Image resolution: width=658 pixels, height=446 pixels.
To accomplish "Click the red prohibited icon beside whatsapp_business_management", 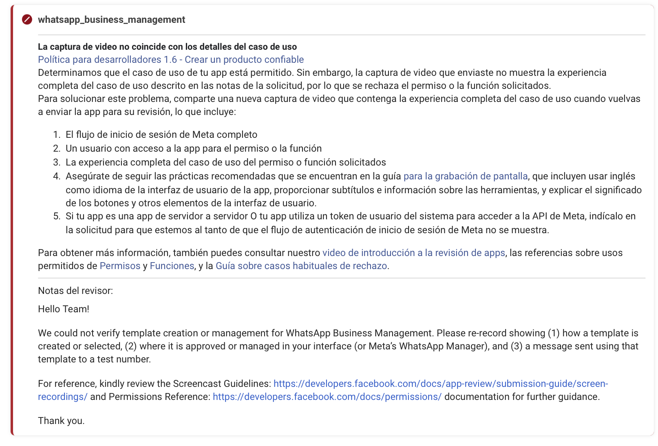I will [27, 20].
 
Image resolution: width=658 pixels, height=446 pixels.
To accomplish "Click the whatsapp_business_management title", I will [111, 20].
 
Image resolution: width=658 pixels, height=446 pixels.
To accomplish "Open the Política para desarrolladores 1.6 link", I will [171, 60].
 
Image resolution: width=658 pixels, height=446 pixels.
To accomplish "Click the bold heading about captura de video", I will [167, 46].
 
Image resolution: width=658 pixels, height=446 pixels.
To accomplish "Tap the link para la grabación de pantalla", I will [465, 176].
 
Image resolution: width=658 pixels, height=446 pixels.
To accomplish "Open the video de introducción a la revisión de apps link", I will [413, 253].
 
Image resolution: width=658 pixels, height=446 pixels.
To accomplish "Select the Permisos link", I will [120, 266].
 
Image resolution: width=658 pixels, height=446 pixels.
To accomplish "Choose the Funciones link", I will [172, 266].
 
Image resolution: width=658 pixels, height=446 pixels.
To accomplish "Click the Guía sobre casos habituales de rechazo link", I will [301, 266].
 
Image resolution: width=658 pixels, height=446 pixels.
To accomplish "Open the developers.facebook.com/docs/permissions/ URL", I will [327, 397].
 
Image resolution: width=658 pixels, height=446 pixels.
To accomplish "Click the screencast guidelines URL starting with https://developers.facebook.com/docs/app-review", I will [440, 384].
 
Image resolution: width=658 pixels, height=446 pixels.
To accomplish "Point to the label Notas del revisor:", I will [75, 291].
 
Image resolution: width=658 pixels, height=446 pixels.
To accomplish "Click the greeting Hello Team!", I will [64, 309].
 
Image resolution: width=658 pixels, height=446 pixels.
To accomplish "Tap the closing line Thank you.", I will [61, 421].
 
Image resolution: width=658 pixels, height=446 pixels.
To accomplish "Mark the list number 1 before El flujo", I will [57, 135].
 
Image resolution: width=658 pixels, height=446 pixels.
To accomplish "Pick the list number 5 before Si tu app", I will [57, 216].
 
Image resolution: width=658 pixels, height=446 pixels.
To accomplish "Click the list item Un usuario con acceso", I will [194, 148].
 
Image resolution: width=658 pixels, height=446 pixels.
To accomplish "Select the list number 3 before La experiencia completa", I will [57, 162].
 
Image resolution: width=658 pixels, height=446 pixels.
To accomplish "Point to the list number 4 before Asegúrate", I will [57, 176].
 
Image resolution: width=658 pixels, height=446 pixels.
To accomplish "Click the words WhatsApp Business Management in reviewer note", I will [358, 333].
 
